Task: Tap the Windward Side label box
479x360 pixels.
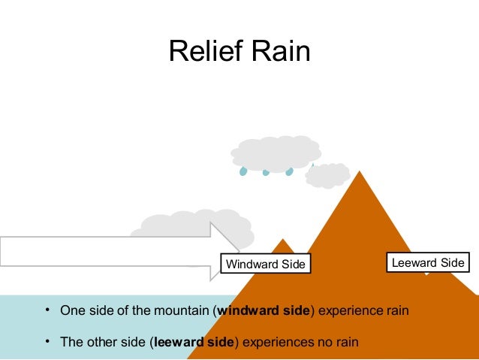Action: [266, 264]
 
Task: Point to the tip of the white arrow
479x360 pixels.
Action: [238, 251]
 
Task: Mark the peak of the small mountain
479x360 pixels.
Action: [283, 241]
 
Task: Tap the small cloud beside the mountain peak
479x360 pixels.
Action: [327, 174]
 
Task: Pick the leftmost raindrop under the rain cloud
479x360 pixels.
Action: [243, 171]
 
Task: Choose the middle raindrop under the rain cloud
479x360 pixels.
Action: [266, 172]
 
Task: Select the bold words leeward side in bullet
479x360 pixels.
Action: [194, 342]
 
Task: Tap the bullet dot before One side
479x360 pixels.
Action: [47, 310]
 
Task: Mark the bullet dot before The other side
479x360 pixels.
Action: [47, 342]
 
